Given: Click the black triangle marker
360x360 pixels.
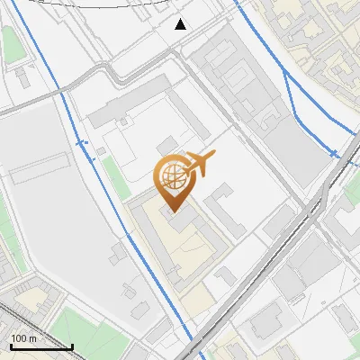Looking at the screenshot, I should click(181, 24).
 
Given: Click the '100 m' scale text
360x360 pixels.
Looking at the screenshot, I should click(24, 338).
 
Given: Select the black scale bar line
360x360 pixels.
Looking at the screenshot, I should click(41, 346).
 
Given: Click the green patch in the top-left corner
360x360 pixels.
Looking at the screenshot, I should click(12, 43).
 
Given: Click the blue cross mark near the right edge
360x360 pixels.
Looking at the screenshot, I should click(334, 154).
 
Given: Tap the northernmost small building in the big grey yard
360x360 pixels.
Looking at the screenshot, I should click(116, 255).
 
